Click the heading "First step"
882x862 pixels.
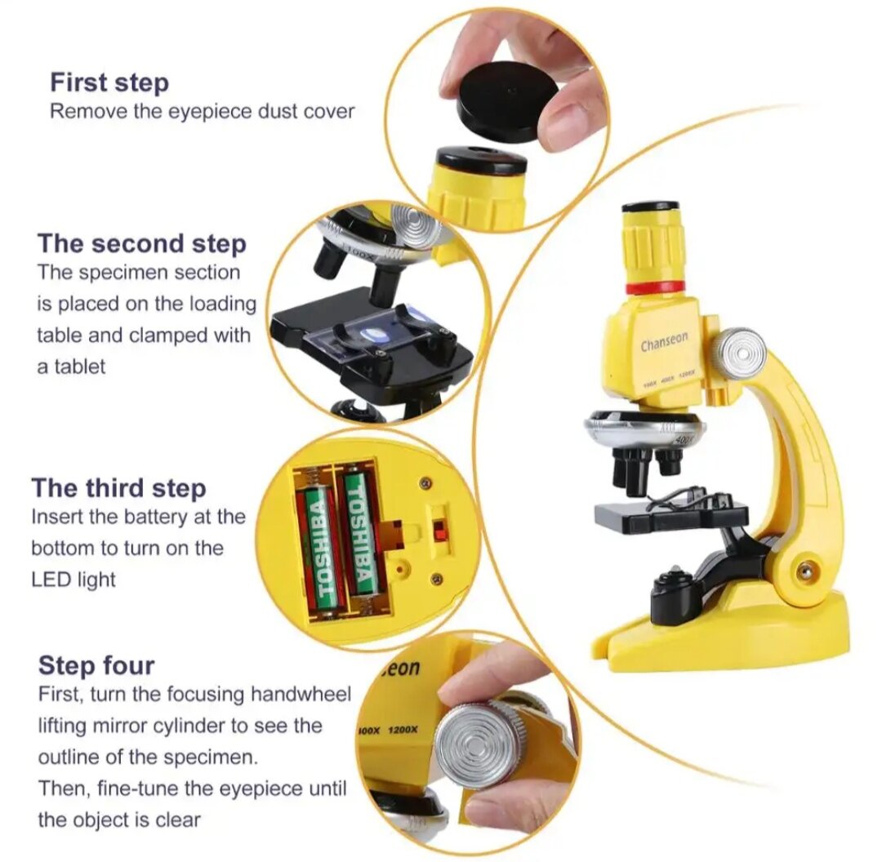(x=109, y=82)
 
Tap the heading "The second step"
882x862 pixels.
(x=142, y=243)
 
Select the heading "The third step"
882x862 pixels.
(x=118, y=487)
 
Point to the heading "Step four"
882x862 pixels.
(x=96, y=665)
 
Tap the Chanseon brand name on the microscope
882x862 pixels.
(x=664, y=340)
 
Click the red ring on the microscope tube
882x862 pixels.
(x=656, y=288)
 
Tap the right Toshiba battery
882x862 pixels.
(x=361, y=531)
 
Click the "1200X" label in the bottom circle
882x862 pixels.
(x=403, y=730)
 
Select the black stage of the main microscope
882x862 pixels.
(x=670, y=514)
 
